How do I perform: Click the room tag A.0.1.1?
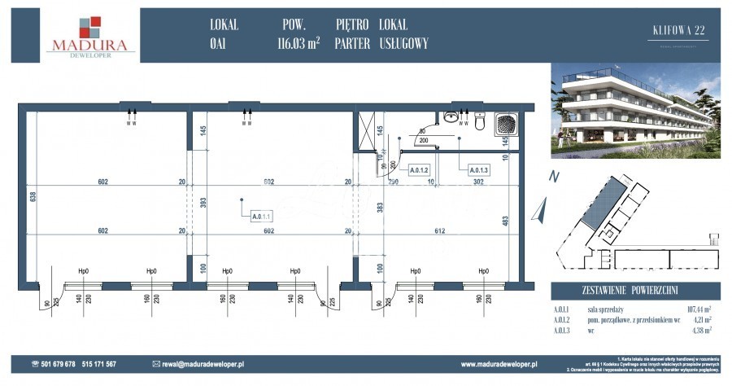pos(261,217)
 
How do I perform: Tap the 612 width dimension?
pos(439,231)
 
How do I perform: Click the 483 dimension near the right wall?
pos(505,220)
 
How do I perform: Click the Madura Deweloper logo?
pos(89,36)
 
